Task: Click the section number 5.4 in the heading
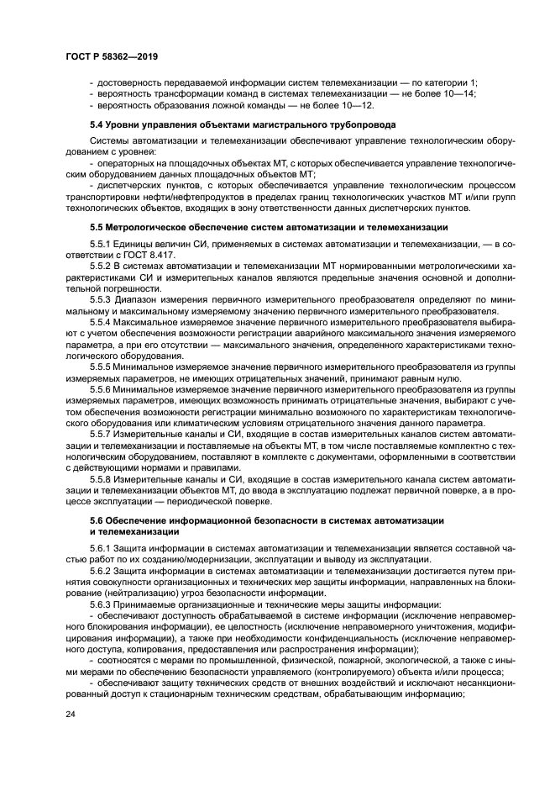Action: [97, 124]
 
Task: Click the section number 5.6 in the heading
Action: [97, 521]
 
